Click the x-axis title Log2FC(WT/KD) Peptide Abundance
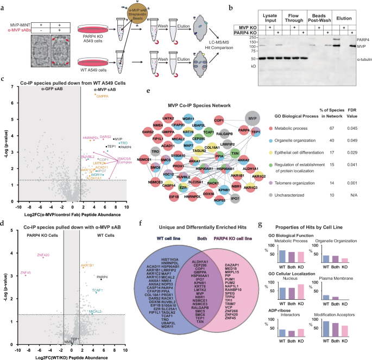pyautogui.click(x=65, y=355)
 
